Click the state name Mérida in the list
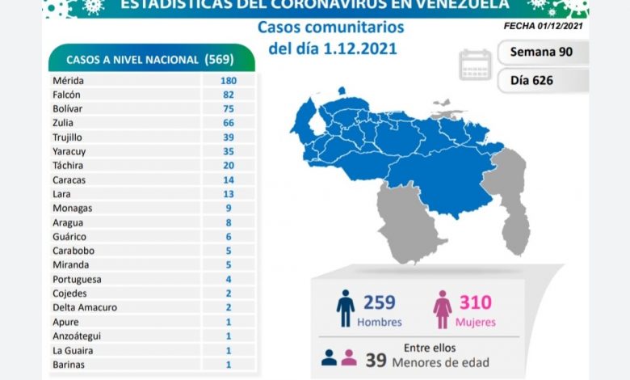[x=67, y=81]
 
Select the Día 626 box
[x=542, y=79]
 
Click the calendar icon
[x=475, y=65]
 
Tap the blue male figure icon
[x=346, y=310]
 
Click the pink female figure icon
[x=443, y=310]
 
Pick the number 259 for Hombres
[x=378, y=303]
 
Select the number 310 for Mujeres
[x=475, y=303]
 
